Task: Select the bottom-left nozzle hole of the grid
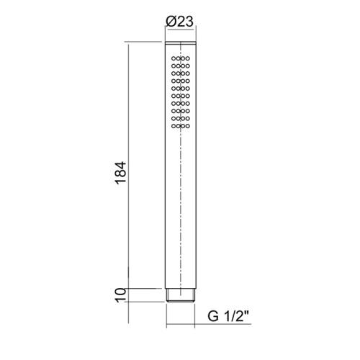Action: [x=172, y=130]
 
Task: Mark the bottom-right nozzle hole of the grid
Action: [x=188, y=130]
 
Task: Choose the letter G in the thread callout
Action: [x=213, y=315]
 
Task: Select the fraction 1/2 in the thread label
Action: [x=236, y=315]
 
